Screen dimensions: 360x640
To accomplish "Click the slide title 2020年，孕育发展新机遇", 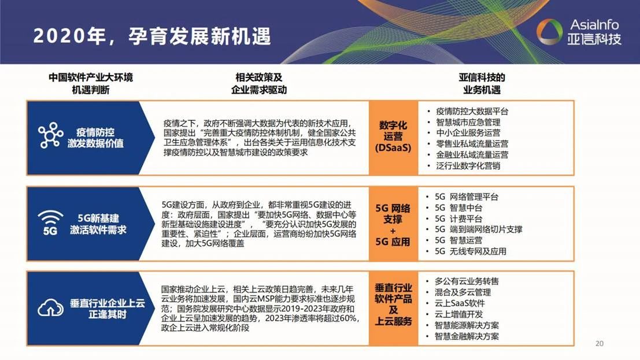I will [152, 36].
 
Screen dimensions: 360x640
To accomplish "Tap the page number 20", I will [600, 344].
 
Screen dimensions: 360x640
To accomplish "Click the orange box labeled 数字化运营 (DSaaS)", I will [393, 137].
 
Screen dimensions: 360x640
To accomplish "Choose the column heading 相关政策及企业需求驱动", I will [258, 84].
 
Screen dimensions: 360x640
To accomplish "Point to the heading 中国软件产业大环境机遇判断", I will [91, 84].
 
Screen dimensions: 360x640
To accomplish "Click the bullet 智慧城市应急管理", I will [468, 123].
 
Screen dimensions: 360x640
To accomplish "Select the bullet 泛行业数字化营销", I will [468, 166].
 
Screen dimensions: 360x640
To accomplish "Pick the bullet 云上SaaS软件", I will [459, 303].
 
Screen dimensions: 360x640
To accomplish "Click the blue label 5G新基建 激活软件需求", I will [98, 224].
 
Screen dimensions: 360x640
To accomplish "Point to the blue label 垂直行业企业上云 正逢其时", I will [107, 309].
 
